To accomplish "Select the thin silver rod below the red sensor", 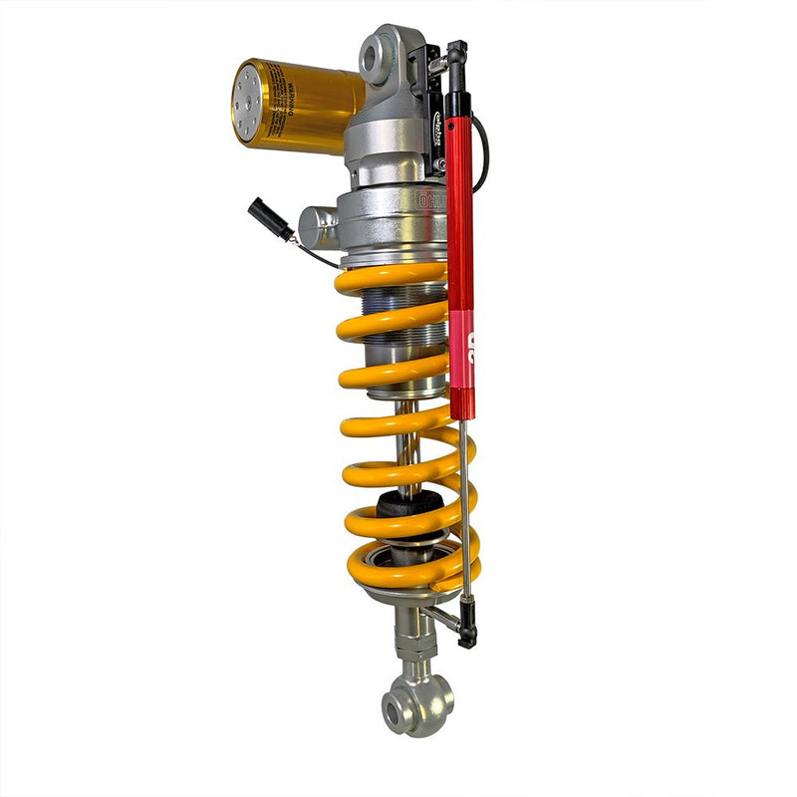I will (464, 508).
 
